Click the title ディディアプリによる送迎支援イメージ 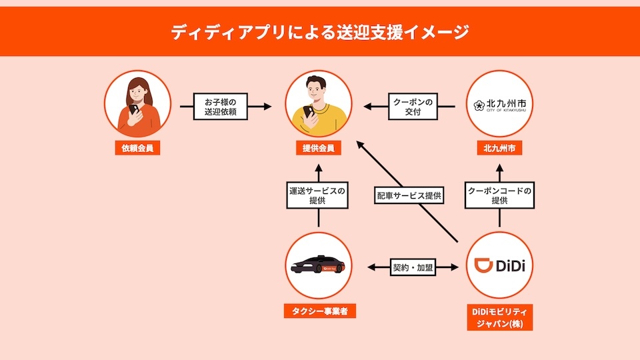tap(320, 32)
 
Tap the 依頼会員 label tap(137, 148)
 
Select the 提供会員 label tap(319, 148)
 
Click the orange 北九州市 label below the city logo tap(499, 148)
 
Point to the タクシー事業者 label tap(319, 311)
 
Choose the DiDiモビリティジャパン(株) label tap(499, 317)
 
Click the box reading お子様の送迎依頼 tap(221, 107)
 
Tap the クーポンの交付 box tap(413, 107)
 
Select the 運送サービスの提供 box tap(317, 195)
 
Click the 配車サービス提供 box tap(409, 195)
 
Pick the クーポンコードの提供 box tap(499, 195)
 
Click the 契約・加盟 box tap(413, 267)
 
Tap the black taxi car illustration tap(317, 265)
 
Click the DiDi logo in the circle tap(499, 265)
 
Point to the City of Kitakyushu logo tap(499, 105)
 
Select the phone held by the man tap(309, 111)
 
